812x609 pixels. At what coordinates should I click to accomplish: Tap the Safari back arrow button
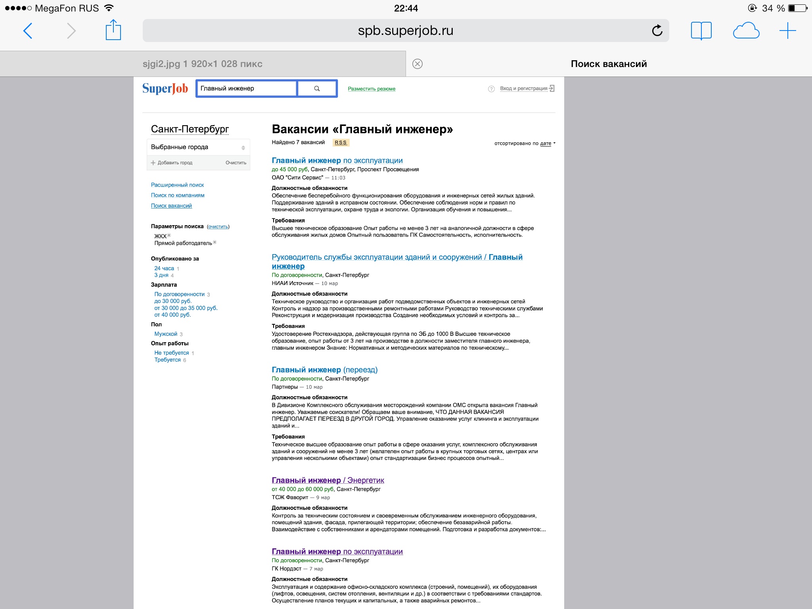point(28,31)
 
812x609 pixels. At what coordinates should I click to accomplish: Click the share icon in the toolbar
point(113,30)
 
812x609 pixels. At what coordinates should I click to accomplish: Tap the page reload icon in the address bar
point(657,31)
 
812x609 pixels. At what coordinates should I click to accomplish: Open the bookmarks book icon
point(701,31)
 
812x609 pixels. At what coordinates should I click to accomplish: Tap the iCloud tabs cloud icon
point(746,31)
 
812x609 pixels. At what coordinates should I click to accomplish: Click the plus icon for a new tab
point(787,31)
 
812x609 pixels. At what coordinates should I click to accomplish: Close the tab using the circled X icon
point(417,64)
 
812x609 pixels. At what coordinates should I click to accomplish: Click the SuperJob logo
point(165,88)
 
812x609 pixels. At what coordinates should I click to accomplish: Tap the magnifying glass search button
point(317,88)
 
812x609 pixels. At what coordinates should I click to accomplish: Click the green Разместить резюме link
point(372,89)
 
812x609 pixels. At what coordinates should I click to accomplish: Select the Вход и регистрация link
point(523,88)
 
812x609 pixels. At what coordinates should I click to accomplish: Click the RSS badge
point(341,143)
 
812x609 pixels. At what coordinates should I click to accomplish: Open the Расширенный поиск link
point(177,185)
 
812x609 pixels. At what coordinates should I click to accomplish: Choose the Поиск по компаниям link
point(178,195)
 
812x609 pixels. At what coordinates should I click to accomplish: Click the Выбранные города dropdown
point(198,147)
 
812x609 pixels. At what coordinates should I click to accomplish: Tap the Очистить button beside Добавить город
point(236,163)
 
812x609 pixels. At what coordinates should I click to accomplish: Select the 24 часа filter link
point(164,268)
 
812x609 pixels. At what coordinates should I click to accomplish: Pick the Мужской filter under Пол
point(166,334)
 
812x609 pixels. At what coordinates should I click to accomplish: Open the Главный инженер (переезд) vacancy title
point(324,370)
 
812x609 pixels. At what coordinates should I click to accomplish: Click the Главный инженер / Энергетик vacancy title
point(328,480)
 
